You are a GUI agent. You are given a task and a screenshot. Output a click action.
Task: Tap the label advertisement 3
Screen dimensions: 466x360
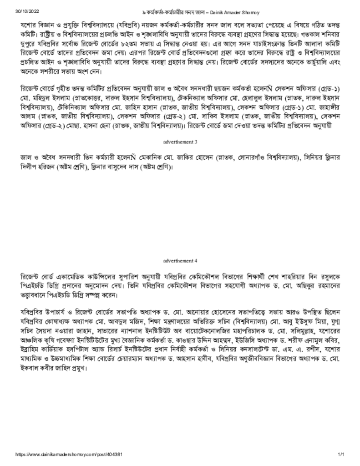(x=180, y=142)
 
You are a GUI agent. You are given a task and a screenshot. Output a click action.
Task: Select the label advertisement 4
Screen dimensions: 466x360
(x=180, y=261)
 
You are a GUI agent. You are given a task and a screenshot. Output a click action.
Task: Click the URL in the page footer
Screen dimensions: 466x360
(x=68, y=455)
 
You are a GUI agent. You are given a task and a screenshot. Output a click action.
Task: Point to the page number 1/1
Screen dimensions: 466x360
(x=340, y=455)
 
